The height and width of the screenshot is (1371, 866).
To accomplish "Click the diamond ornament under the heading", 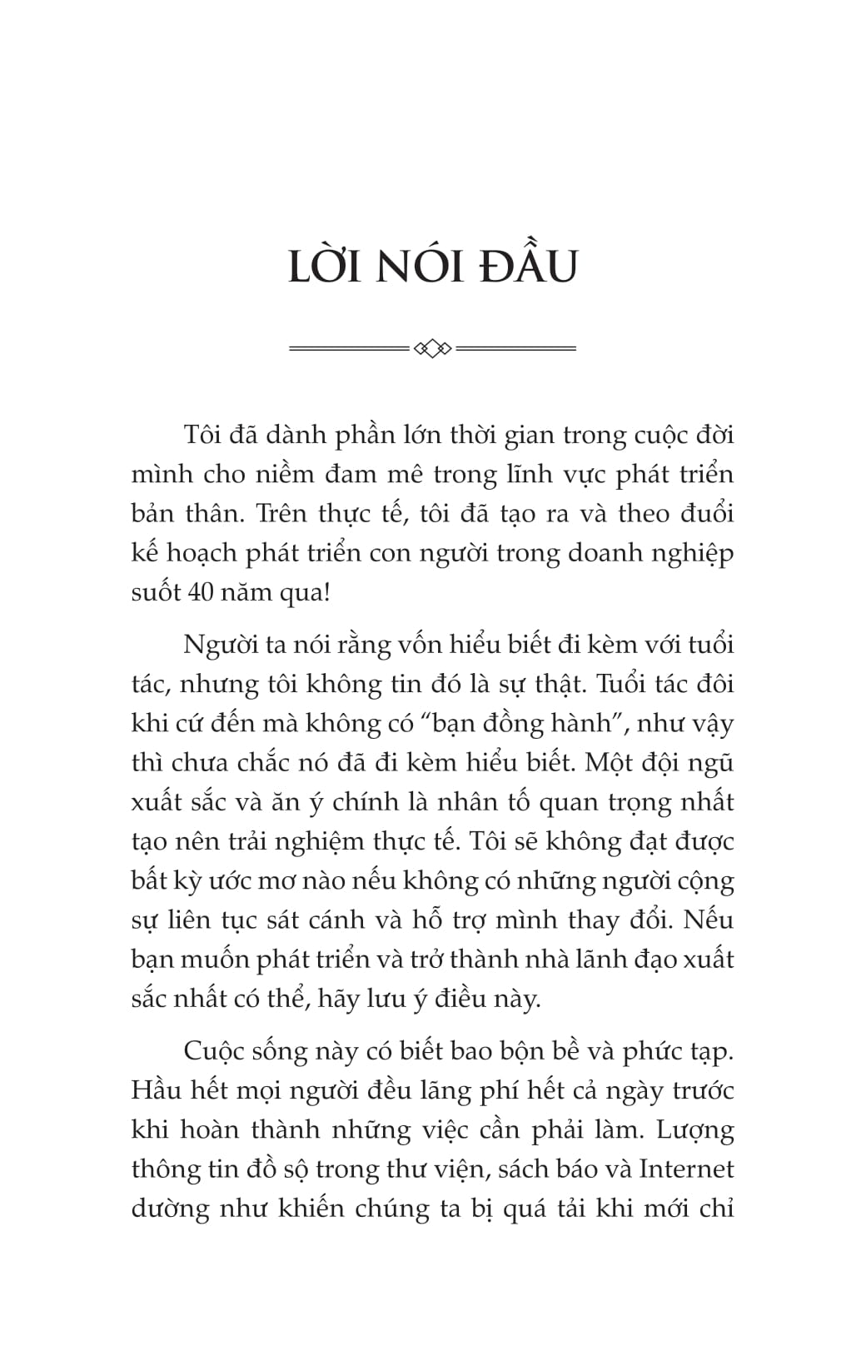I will [432, 347].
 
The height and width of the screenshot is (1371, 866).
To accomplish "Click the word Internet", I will [686, 1169].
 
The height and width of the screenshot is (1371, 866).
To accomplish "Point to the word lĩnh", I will [521, 475].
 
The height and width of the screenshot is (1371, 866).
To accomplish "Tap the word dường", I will [169, 1209].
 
